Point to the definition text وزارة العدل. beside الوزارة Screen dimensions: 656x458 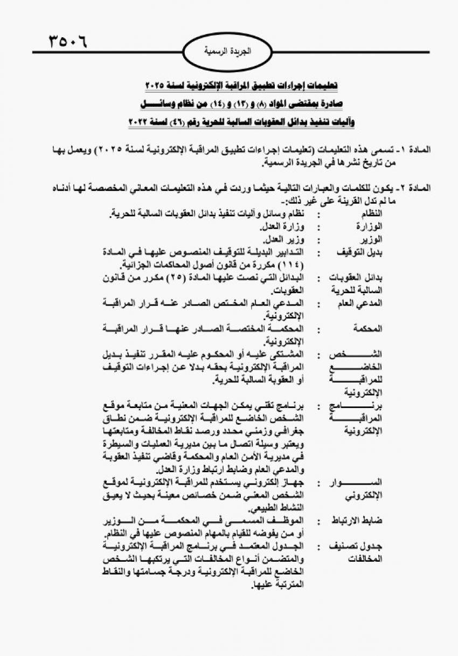[x=284, y=226]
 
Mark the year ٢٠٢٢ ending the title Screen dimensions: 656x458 [x=139, y=122]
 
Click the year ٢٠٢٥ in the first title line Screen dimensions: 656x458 [x=156, y=86]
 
